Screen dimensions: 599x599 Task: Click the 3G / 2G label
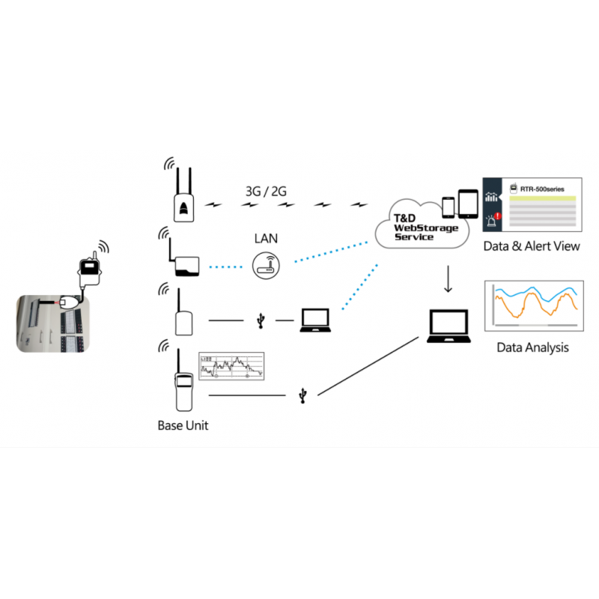pyautogui.click(x=266, y=192)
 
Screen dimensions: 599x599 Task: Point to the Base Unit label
pyautogui.click(x=183, y=425)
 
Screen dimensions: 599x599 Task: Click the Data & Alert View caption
pyautogui.click(x=531, y=246)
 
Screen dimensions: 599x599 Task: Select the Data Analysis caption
pyautogui.click(x=532, y=347)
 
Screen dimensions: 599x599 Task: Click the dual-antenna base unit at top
pyautogui.click(x=183, y=198)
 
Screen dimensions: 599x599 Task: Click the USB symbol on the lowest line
pyautogui.click(x=302, y=395)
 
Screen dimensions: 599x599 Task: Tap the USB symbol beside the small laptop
pyautogui.click(x=260, y=320)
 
